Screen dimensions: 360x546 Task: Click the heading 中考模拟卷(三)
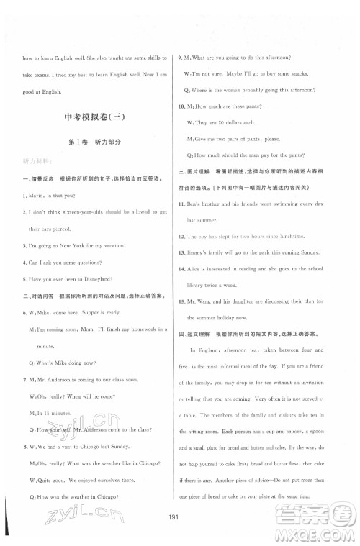click(94, 117)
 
